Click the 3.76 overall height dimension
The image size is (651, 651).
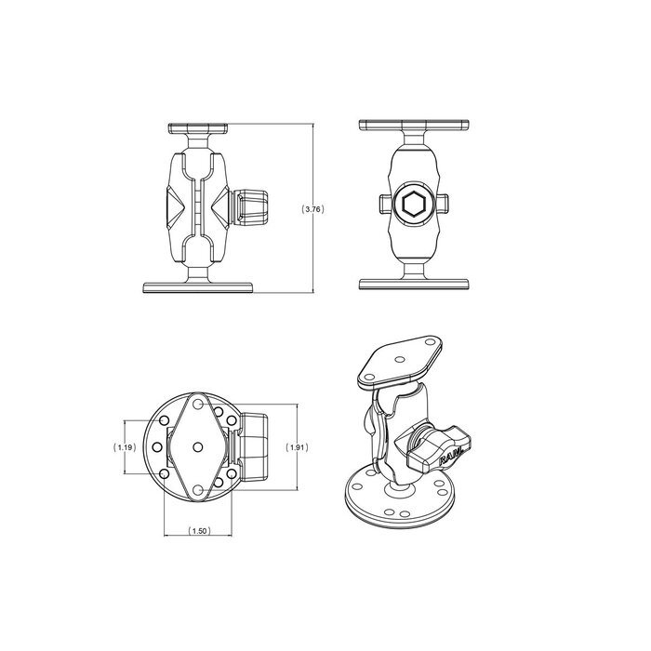(x=314, y=210)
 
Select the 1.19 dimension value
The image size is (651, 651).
(x=124, y=447)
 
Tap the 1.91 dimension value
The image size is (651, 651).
(x=297, y=447)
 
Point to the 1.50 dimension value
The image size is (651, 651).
(x=198, y=531)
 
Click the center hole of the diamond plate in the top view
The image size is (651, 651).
(x=198, y=447)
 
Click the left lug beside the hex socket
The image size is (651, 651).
(x=383, y=204)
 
